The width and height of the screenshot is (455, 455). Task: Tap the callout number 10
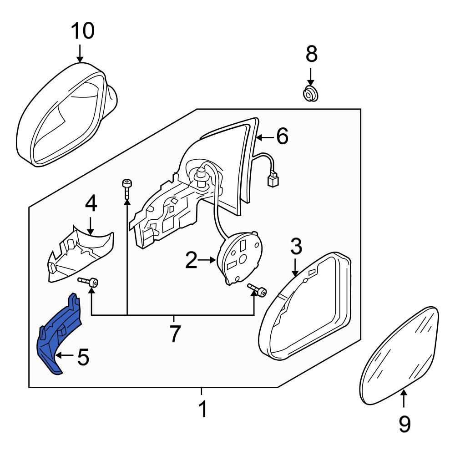(82, 31)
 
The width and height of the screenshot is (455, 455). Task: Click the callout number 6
(282, 136)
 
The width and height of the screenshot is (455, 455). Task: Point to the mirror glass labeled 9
(400, 355)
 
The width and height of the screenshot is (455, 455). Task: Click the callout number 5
(83, 358)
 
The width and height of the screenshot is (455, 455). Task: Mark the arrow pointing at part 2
(209, 260)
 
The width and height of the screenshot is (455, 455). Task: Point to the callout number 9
(404, 425)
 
